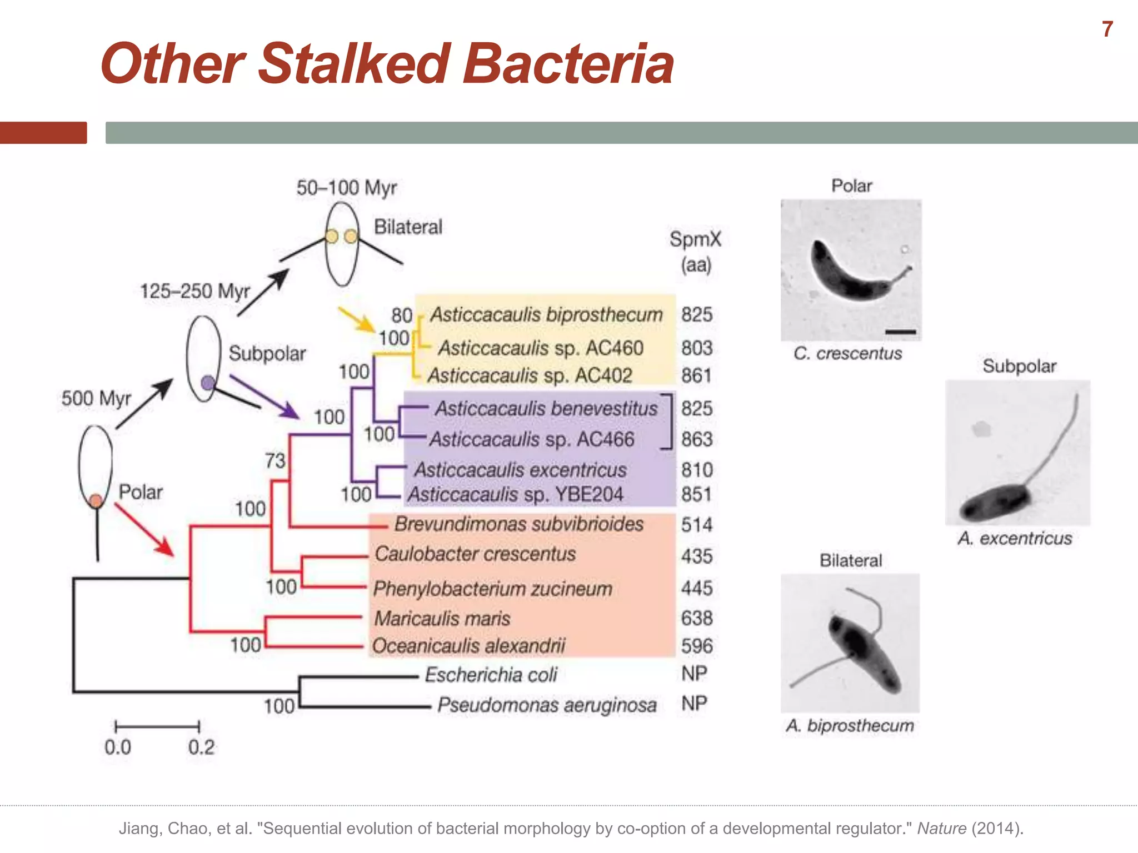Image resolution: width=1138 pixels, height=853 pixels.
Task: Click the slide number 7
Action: point(1107,29)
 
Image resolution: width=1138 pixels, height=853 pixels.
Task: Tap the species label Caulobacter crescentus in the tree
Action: point(475,554)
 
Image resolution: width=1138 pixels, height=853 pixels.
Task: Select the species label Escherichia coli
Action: point(491,675)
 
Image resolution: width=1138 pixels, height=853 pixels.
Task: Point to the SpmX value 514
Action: point(697,525)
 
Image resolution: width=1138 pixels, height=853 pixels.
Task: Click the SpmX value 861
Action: point(697,376)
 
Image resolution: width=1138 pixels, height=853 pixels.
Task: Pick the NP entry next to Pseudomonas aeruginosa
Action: point(695,704)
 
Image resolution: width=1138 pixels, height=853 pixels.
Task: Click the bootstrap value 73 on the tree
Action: point(275,460)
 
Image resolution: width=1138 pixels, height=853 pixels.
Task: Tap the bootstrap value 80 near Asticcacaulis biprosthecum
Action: point(402,315)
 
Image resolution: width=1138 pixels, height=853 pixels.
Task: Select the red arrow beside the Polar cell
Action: point(144,529)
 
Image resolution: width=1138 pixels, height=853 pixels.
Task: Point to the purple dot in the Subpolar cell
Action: point(208,383)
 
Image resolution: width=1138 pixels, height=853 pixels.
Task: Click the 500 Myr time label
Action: point(96,398)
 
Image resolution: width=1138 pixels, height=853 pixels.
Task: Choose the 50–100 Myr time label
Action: point(347,188)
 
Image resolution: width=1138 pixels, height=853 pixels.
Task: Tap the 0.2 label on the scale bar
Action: point(201,747)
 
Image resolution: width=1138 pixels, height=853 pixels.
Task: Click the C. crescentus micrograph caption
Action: point(848,353)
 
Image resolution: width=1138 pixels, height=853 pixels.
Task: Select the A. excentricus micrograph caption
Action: point(1015,538)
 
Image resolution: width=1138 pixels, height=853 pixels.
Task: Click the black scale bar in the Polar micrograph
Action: point(901,332)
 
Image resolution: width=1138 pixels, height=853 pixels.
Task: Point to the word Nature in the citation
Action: point(941,829)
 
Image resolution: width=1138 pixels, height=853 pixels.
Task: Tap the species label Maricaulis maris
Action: point(442,618)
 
